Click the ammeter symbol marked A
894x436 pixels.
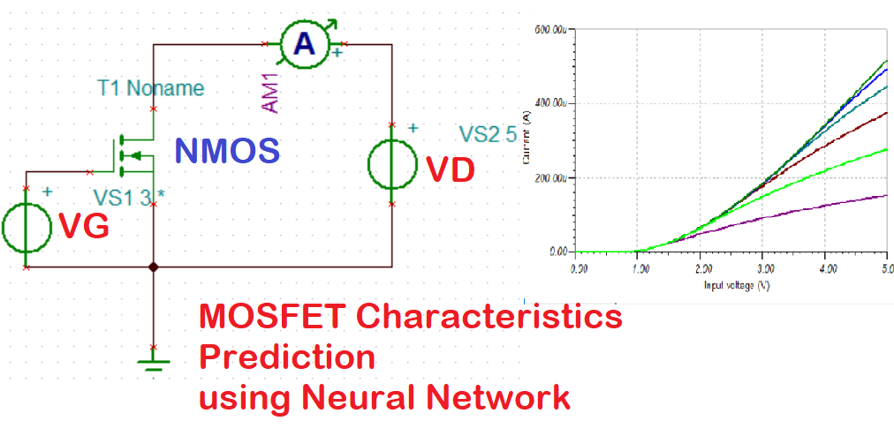[x=304, y=43]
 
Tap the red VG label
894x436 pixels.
[x=84, y=228]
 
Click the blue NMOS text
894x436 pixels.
[x=227, y=151]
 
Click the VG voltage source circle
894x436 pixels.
[x=27, y=228]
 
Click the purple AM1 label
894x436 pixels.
[x=272, y=93]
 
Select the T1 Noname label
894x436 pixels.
[x=151, y=88]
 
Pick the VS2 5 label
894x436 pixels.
[x=487, y=134]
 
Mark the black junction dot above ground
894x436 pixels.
[x=154, y=267]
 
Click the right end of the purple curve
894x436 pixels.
[x=886, y=196]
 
